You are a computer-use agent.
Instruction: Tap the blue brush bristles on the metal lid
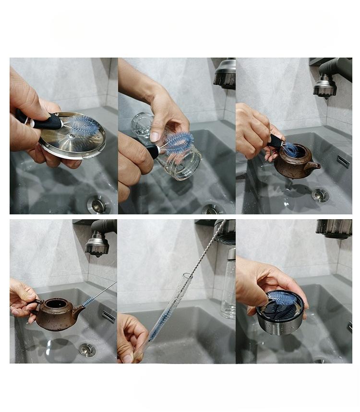click(x=82, y=126)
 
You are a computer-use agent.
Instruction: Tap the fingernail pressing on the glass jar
click(x=155, y=136)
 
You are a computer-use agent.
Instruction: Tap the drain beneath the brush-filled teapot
click(x=320, y=195)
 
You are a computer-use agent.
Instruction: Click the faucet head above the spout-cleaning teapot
click(x=97, y=245)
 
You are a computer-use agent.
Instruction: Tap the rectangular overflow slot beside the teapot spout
click(x=108, y=316)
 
